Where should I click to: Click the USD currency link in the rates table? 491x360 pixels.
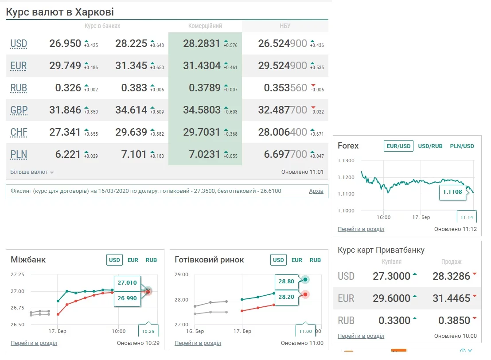[x=19, y=43]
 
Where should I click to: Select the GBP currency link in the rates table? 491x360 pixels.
[x=19, y=110]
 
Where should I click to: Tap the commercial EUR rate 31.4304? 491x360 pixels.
[x=202, y=66]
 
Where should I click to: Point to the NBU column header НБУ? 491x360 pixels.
[x=285, y=26]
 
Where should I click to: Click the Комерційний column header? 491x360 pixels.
[x=205, y=26]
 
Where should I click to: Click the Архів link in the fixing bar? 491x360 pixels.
[x=316, y=191]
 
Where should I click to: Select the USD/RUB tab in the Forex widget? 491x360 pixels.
[x=430, y=146]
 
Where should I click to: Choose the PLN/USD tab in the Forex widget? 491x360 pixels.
[x=462, y=146]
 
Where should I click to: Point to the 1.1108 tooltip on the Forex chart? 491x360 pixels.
[x=452, y=192]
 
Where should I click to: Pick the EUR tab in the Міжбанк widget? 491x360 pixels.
[x=132, y=260]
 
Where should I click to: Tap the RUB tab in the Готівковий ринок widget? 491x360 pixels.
[x=315, y=260]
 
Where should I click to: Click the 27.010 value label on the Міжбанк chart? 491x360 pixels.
[x=127, y=282]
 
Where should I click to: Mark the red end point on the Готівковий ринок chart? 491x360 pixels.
[x=305, y=294]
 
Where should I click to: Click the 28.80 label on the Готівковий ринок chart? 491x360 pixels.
[x=286, y=281]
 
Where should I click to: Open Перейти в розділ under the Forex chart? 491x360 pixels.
[x=361, y=229]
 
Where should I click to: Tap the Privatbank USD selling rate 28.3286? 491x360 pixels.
[x=451, y=276]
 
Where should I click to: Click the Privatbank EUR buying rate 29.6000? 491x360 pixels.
[x=391, y=298]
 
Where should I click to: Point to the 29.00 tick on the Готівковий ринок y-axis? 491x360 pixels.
[x=182, y=275]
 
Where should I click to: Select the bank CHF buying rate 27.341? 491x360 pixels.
[x=65, y=132]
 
